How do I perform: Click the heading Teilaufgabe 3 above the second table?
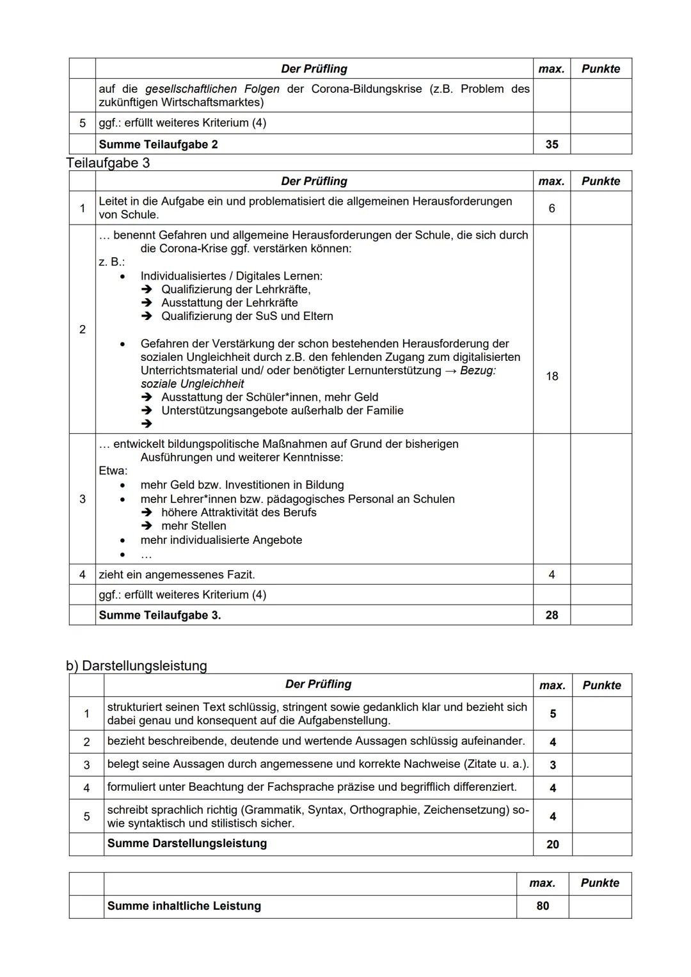point(108,163)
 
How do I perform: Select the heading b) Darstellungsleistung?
point(136,665)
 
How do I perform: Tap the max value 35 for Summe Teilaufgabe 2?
point(552,145)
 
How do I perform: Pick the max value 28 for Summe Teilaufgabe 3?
point(552,615)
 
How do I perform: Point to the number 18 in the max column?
point(552,376)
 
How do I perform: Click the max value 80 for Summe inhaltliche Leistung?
point(543,906)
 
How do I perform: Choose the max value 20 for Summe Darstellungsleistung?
point(553,844)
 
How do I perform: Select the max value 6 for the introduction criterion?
point(552,209)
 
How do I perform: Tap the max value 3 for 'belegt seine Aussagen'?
point(553,765)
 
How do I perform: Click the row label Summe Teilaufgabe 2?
point(158,145)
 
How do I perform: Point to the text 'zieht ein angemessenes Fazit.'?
point(177,575)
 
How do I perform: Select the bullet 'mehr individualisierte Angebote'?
point(221,540)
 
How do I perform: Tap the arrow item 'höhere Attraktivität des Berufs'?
point(239,512)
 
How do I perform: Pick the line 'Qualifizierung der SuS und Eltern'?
point(247,316)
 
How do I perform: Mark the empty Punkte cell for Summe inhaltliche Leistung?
point(600,906)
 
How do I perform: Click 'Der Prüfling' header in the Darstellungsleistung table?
point(318,685)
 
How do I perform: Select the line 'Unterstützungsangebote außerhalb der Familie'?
point(282,410)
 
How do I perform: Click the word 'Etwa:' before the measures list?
point(113,471)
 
